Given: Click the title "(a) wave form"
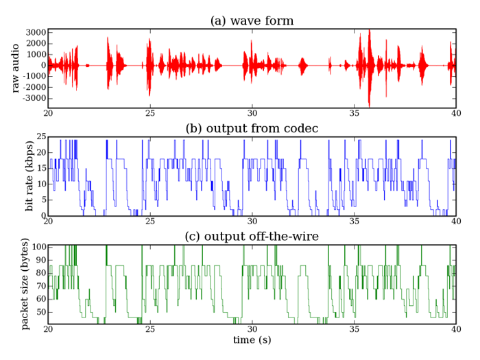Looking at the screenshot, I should (x=252, y=21).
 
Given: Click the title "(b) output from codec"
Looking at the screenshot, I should (x=252, y=128).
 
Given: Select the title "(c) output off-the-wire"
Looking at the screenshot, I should (x=252, y=237).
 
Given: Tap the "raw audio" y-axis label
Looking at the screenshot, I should (x=15, y=67).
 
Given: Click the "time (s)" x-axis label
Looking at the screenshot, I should (x=252, y=340).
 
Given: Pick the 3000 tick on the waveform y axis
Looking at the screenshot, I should (x=35, y=32).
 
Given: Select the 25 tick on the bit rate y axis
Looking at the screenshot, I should (x=40, y=137).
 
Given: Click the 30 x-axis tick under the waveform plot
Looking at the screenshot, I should (x=252, y=112).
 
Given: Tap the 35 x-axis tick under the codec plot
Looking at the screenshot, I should (x=354, y=221).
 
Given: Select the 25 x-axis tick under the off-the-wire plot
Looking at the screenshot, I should (x=149, y=329).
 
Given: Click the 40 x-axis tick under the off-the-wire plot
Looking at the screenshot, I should (x=455, y=329).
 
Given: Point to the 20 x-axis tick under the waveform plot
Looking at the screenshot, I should (x=49, y=112).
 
